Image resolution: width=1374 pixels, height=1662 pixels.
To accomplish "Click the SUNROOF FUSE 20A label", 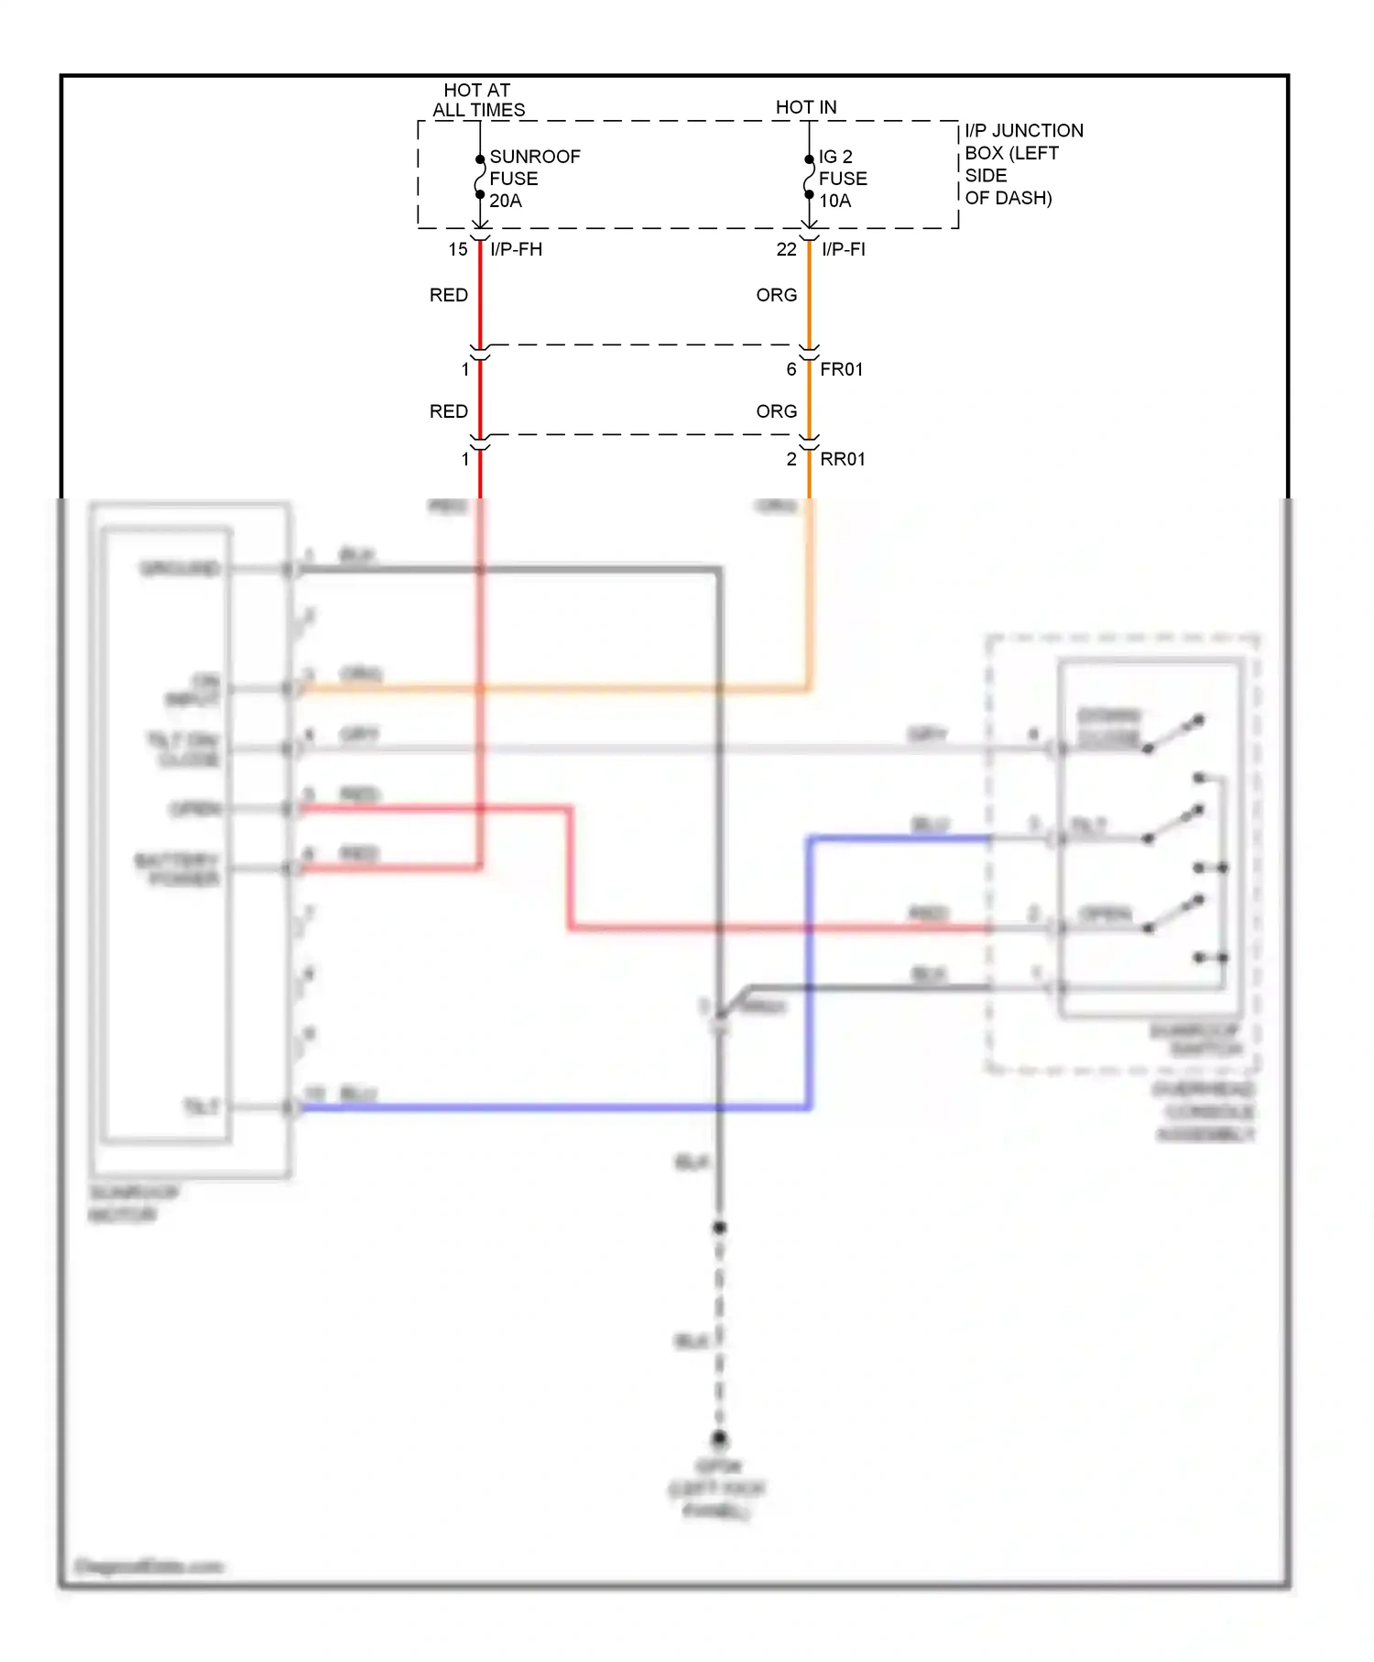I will [x=533, y=179].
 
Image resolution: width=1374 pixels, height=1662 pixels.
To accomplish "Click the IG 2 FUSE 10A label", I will [x=842, y=179].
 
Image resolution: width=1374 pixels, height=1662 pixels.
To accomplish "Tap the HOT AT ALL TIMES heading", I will [x=478, y=100].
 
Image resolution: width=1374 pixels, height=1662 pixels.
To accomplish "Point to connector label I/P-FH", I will [x=516, y=249].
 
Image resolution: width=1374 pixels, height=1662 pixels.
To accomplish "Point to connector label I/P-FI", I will [x=843, y=249].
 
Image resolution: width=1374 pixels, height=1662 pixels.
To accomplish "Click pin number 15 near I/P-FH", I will [x=457, y=249].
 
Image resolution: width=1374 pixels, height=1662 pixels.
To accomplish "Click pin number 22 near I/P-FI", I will [x=786, y=249].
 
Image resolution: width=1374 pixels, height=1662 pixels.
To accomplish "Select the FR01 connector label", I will [x=841, y=369].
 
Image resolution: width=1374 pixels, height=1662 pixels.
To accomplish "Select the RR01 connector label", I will [x=842, y=459].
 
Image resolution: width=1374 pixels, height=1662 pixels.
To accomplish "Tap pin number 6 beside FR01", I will [x=791, y=369].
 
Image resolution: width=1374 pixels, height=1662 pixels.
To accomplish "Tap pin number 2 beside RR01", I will [x=791, y=459].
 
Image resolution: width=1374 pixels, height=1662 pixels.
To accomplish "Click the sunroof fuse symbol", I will [x=479, y=177].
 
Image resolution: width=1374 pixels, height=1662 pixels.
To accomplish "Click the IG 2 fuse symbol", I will [x=809, y=177].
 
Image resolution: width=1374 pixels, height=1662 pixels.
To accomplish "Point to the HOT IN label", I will [x=805, y=107].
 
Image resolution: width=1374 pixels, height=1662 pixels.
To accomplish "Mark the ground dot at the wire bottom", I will [x=719, y=1438].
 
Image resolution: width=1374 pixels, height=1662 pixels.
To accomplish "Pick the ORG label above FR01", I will [x=776, y=295].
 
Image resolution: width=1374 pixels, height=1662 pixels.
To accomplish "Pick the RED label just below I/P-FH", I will [x=448, y=295].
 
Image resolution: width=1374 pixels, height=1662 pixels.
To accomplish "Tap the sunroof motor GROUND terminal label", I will [x=180, y=569].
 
